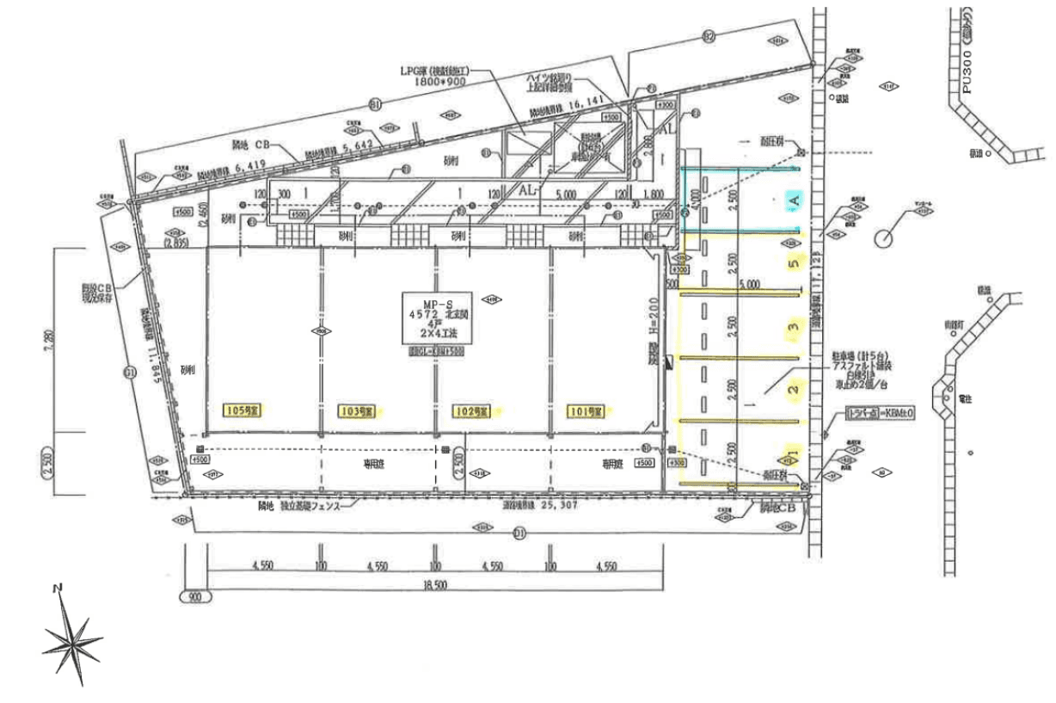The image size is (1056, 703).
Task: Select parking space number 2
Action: point(794,390)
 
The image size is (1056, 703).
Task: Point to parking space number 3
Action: point(794,326)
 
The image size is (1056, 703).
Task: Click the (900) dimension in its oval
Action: point(193,595)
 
